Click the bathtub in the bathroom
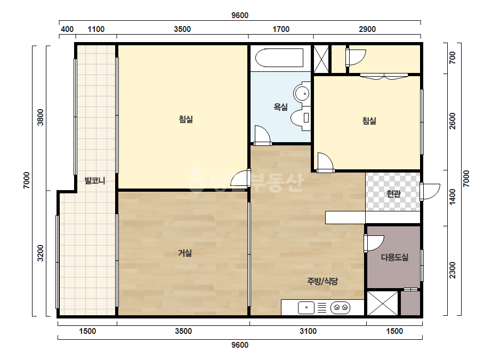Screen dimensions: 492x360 [x=279, y=58]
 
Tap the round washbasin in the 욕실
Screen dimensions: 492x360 [x=302, y=93]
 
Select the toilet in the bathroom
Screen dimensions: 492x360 [x=301, y=118]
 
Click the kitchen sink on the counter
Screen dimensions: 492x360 [x=306, y=308]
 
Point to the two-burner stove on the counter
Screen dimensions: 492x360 [x=341, y=308]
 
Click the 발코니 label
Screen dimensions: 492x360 [x=95, y=181]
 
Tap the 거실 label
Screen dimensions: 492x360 [x=185, y=253]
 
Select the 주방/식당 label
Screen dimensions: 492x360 [x=322, y=281]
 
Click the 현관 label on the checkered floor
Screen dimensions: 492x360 [x=393, y=194]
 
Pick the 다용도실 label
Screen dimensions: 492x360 [x=395, y=257]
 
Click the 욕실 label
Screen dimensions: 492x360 [x=280, y=107]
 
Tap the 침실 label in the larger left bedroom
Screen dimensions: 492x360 [x=185, y=119]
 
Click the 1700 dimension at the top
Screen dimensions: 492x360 [x=281, y=29]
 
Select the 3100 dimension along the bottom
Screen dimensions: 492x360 [x=308, y=331]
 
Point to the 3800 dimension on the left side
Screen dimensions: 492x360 [x=41, y=117]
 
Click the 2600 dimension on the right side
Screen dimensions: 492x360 [x=452, y=121]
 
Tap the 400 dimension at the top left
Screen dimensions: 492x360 [x=67, y=29]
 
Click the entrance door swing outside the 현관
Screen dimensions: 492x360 [x=431, y=191]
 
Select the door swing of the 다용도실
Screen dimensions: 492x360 [x=374, y=243]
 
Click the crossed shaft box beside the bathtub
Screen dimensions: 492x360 [x=321, y=59]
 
